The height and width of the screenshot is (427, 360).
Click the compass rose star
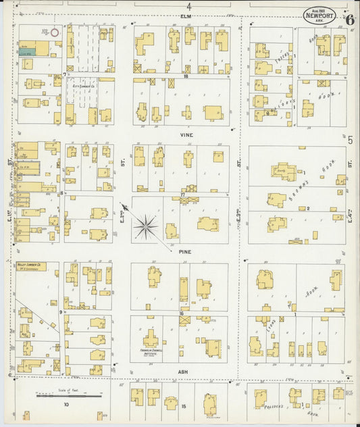(145, 226)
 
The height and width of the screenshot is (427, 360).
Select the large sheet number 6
(349, 18)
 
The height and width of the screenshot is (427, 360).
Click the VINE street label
(186, 134)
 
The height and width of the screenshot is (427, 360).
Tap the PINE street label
(185, 251)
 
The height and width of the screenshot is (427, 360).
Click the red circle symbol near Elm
(55, 32)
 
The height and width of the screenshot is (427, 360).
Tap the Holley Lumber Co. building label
(30, 266)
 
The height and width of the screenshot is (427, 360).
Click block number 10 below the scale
(66, 405)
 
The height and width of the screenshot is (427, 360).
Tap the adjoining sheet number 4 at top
(189, 5)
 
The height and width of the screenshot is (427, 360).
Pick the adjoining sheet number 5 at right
(350, 140)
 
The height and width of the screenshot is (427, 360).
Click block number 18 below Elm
(183, 77)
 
